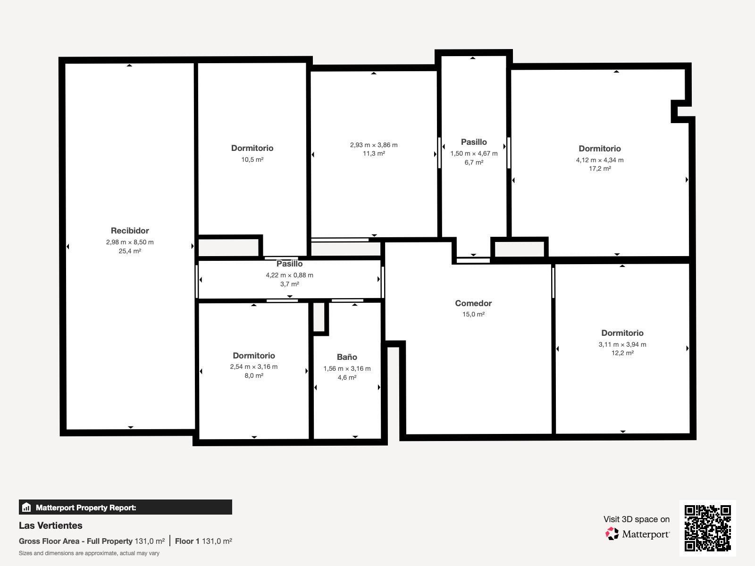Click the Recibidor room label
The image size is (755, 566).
pyautogui.click(x=130, y=231)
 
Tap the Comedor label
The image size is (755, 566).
pyautogui.click(x=473, y=303)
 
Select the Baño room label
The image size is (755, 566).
pyautogui.click(x=347, y=357)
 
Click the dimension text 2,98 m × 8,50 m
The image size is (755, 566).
pyautogui.click(x=130, y=242)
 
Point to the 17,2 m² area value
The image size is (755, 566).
pyautogui.click(x=600, y=168)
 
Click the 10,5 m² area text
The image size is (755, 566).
pyautogui.click(x=252, y=159)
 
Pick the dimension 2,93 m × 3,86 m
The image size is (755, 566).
pyautogui.click(x=374, y=145)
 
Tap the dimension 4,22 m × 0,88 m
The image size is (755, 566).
pyautogui.click(x=289, y=275)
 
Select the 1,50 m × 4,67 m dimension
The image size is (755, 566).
pyautogui.click(x=474, y=153)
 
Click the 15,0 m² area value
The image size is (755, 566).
pyautogui.click(x=473, y=314)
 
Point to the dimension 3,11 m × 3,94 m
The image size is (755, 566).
pyautogui.click(x=622, y=344)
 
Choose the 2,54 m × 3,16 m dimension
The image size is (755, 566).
pyautogui.click(x=254, y=366)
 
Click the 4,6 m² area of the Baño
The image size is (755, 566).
pyautogui.click(x=347, y=377)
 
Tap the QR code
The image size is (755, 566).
pyautogui.click(x=707, y=528)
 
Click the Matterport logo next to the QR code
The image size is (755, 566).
pyautogui.click(x=638, y=534)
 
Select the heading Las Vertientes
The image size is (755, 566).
pyautogui.click(x=50, y=525)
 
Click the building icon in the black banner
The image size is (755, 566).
pyautogui.click(x=26, y=508)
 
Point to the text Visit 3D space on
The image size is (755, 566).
pyautogui.click(x=636, y=519)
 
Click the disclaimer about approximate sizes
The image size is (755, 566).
pyautogui.click(x=89, y=553)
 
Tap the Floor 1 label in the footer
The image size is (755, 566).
pyautogui.click(x=187, y=541)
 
